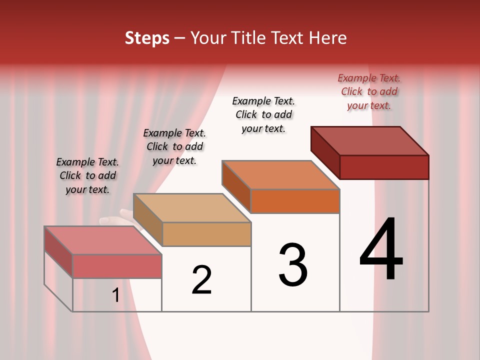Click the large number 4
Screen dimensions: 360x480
[381, 249]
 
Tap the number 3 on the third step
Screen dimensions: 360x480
[293, 265]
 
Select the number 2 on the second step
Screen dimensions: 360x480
[201, 280]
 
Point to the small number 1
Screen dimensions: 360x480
[115, 295]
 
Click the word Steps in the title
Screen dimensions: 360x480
[147, 38]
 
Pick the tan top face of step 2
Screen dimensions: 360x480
[192, 208]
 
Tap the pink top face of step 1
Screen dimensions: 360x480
[103, 240]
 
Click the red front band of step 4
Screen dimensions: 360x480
[384, 167]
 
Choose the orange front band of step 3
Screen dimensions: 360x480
[295, 201]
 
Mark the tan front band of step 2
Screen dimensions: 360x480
[206, 234]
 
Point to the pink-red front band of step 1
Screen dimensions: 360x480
[117, 266]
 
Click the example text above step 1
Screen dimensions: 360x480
[87, 175]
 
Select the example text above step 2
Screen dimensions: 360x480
[174, 146]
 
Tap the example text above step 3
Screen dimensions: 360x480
[263, 114]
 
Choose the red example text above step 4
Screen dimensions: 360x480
[369, 91]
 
